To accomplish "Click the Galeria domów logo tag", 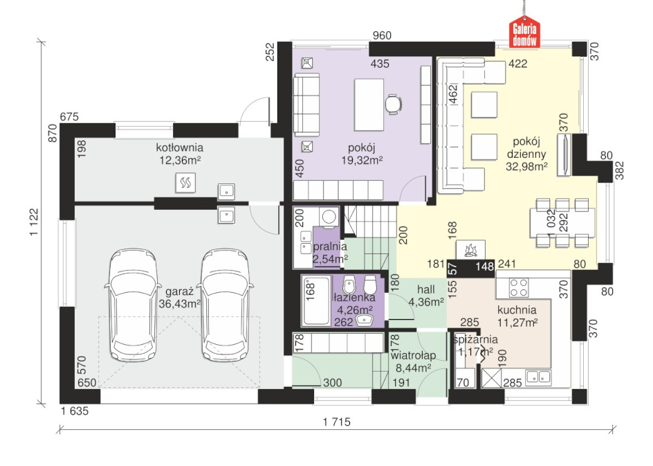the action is [x=525, y=32].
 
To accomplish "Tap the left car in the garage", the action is [x=133, y=305].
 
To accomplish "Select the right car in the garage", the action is [x=226, y=305].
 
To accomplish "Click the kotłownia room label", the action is [x=179, y=147].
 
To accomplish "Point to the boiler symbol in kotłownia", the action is [x=185, y=182].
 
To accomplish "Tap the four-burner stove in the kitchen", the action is [x=519, y=287].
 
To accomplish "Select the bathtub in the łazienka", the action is [x=317, y=300].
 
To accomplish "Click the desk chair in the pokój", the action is [x=393, y=104].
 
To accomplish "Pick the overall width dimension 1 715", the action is [x=336, y=422].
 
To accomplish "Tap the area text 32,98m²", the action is [x=526, y=167].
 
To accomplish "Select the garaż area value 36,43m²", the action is [x=179, y=304].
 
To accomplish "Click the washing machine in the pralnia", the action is [x=329, y=218].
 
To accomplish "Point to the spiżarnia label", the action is [x=475, y=340].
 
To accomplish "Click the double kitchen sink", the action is [x=538, y=377].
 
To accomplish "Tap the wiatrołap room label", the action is [x=413, y=355].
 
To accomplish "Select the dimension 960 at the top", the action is [x=382, y=35].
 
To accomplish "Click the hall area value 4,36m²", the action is [x=425, y=302].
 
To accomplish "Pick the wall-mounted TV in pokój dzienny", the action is [x=564, y=154].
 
